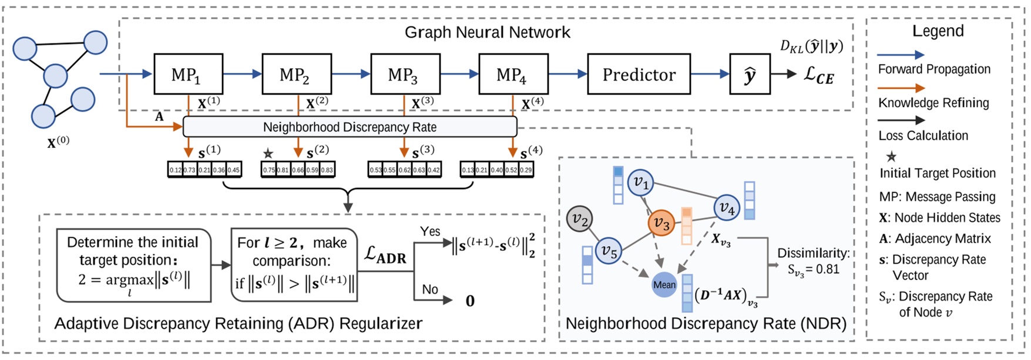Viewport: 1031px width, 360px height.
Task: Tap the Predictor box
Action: (639, 75)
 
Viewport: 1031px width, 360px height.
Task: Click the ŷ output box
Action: (749, 75)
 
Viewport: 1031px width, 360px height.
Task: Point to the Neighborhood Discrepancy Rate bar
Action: (350, 127)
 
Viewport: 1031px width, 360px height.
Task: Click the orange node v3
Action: (661, 223)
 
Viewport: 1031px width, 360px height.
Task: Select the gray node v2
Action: (580, 220)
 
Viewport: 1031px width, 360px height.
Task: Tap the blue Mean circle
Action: (664, 285)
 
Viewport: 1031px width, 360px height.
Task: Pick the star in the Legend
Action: (891, 156)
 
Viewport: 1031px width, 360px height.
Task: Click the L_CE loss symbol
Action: (818, 76)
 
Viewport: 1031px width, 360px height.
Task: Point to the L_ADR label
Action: (385, 255)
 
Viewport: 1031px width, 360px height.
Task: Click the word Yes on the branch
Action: (430, 231)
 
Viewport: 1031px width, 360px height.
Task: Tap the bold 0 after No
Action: (470, 301)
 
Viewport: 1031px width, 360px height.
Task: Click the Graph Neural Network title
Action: (487, 32)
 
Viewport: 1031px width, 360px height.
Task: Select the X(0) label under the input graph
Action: (58, 142)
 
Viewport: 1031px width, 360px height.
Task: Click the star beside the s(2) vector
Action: (268, 154)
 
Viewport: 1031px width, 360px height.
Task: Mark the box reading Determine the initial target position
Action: (133, 265)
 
